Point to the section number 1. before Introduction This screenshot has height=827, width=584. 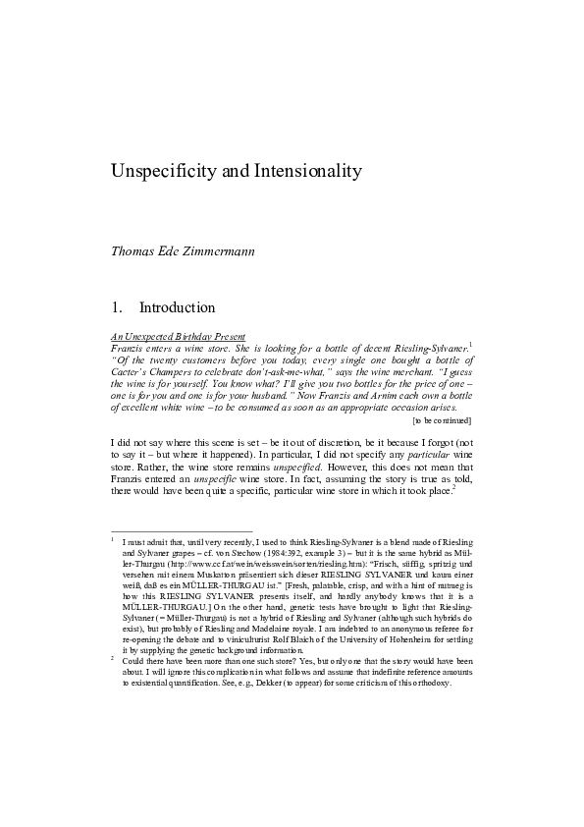119,307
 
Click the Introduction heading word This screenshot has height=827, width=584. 178,307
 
